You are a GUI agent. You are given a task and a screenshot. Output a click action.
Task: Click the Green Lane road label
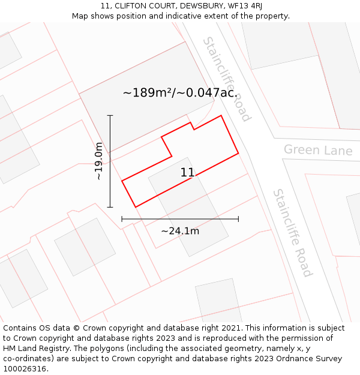pos(318,149)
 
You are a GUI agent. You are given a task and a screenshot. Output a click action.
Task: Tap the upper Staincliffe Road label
pos(226,79)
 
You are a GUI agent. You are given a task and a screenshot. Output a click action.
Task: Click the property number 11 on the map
pos(187,173)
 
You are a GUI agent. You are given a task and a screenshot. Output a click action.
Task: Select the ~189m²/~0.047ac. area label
pos(180,93)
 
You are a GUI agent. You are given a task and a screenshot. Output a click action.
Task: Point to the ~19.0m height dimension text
pos(99,161)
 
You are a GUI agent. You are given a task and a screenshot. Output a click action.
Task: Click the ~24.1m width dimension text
pos(180,231)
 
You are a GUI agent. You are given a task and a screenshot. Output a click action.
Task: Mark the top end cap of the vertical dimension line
pos(110,115)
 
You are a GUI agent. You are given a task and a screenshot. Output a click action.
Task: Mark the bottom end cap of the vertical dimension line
pos(110,207)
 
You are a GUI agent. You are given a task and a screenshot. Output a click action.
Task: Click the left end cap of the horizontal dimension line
pos(122,219)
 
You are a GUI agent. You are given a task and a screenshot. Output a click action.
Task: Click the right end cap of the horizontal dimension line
pos(238,219)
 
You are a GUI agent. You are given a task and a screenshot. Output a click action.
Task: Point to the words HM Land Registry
pos(35,349)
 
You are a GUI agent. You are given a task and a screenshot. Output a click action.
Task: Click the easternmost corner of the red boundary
pos(238,153)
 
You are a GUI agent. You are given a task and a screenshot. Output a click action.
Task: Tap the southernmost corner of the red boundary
pos(136,207)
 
